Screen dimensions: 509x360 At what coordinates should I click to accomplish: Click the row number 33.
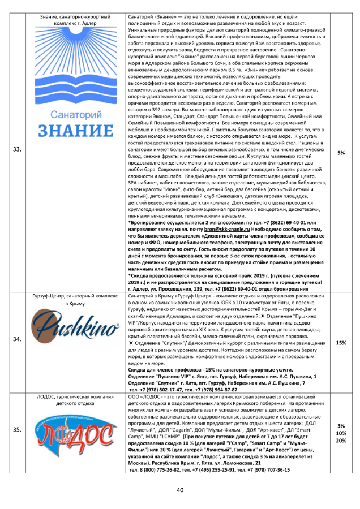tap(18, 149)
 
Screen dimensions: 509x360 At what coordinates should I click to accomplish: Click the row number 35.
tap(18, 430)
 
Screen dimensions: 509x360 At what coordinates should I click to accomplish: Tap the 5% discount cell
tap(341, 153)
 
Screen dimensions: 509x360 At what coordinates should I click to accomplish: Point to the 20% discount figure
tap(341, 441)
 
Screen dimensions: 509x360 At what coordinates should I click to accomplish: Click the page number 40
tap(180, 489)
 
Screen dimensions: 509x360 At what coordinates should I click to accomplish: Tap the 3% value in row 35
tap(341, 425)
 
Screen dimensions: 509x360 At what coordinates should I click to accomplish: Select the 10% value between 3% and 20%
tap(341, 433)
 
